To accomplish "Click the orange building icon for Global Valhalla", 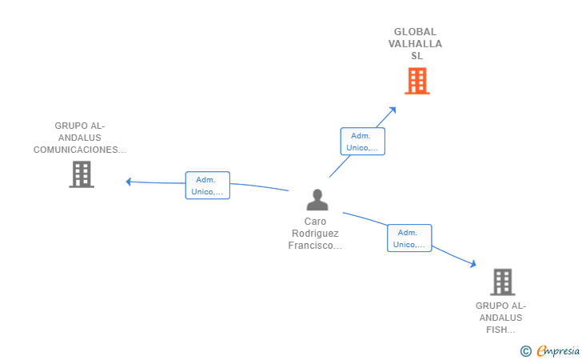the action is point(417,81).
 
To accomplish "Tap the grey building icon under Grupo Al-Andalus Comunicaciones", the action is point(82,174).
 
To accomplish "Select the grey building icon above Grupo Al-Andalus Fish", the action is point(503,282).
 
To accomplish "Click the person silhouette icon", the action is point(317,200).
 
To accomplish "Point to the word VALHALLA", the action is point(415,44).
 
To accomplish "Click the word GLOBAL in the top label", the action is point(415,32).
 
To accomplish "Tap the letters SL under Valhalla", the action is point(417,56).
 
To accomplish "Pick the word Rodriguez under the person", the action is point(315,234).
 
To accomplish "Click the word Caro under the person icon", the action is point(315,222).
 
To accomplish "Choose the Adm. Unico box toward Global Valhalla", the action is point(363,141).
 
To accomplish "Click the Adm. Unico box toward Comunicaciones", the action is point(208,186).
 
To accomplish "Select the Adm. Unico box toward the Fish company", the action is point(409,238).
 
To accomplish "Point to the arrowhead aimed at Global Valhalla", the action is point(393,110).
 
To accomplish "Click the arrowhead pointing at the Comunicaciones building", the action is point(129,182).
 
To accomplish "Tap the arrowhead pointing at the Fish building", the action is point(473,264).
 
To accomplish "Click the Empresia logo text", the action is point(558,350).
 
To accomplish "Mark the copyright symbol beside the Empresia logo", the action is point(525,351).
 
